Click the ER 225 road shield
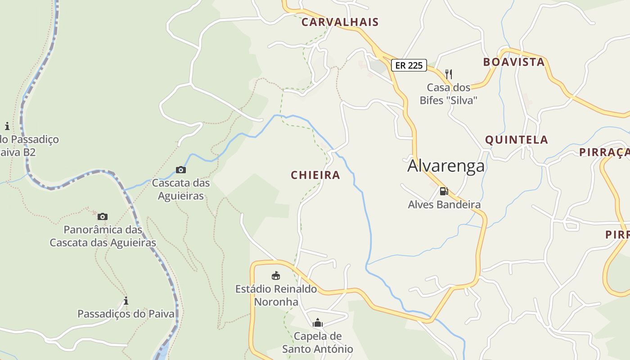pos(409,65)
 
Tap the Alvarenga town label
pos(446,166)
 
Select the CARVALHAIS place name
pos(340,22)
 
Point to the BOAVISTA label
pos(514,62)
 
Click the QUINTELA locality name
pos(516,140)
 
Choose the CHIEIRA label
pos(315,175)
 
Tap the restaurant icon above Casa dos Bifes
pos(448,74)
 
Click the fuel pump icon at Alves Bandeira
pos(444,191)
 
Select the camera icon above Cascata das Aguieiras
pos(181,170)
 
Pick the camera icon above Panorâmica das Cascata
pos(103,216)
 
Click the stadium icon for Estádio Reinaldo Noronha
pos(276,275)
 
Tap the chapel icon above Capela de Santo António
pos(318,323)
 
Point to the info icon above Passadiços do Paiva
pos(126,301)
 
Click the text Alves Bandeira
pos(444,205)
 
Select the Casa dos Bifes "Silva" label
pos(448,94)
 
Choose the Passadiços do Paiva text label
pos(126,314)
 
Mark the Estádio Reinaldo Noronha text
pos(276,295)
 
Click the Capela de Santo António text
pos(318,342)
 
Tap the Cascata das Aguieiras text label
pos(181,189)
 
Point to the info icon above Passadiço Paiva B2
pos(7,126)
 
